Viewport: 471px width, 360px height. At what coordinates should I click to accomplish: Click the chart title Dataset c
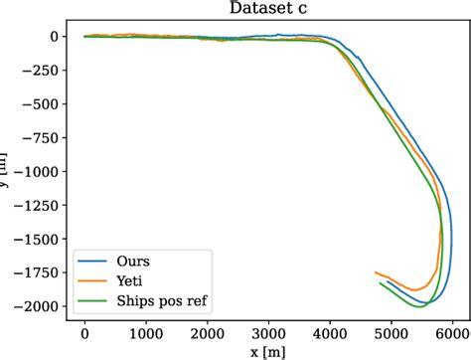(266, 9)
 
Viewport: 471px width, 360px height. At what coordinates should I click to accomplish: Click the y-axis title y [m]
(8, 171)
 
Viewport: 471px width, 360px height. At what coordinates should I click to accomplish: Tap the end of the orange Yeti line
(375, 271)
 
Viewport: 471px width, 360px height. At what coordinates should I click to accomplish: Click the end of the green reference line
(380, 283)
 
